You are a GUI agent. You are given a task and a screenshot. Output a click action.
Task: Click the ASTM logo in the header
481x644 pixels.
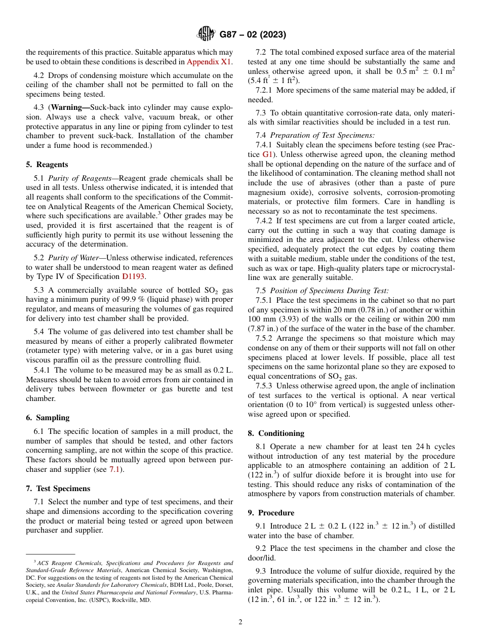206,34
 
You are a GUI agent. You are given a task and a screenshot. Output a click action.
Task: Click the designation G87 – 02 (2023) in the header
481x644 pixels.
253,35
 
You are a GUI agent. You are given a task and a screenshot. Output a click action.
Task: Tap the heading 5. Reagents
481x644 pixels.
47,165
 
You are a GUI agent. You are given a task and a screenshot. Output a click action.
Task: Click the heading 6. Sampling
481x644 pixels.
48,418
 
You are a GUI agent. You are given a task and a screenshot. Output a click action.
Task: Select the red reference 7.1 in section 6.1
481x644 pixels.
114,469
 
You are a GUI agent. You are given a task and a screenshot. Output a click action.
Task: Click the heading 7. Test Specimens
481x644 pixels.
58,489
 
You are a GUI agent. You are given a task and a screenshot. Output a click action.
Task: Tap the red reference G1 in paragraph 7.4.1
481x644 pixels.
268,154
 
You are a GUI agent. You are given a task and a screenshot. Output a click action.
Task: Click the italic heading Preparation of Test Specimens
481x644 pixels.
322,135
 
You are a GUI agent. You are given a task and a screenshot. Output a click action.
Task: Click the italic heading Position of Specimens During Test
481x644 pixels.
329,291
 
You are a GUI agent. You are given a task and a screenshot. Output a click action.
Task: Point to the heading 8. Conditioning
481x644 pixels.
276,433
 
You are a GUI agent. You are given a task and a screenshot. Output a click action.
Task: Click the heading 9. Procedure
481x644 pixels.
271,513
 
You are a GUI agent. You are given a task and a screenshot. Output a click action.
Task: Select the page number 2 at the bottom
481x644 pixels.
240,622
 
